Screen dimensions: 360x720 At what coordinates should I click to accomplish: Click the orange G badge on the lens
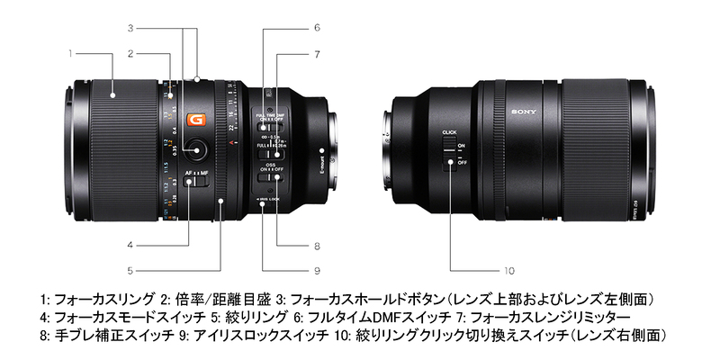coord(192,120)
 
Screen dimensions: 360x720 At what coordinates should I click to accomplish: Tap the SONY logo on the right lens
coord(523,112)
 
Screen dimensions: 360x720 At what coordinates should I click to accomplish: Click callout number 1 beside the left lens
coord(69,53)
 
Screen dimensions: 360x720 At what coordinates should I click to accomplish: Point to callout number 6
coord(317,27)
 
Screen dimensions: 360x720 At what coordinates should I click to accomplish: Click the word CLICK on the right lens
coord(450,133)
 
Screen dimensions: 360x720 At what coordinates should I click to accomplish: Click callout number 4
coord(130,243)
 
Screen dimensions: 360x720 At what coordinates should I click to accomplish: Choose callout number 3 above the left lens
coord(130,27)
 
